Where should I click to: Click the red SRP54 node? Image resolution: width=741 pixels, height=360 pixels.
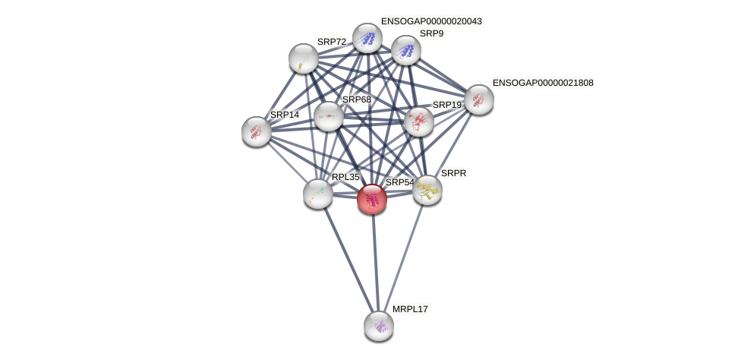click(x=372, y=199)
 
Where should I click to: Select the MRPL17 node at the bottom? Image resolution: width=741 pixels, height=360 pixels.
click(x=379, y=326)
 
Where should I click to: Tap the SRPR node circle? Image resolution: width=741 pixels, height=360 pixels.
click(x=427, y=190)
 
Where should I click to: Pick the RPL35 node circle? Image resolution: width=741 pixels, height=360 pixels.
click(x=318, y=194)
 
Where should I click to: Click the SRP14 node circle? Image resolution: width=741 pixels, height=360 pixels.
click(x=257, y=131)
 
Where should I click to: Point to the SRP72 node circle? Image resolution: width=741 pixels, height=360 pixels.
click(x=304, y=58)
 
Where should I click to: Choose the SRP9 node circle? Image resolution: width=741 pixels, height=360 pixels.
click(x=406, y=50)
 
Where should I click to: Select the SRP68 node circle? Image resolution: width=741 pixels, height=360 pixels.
click(x=329, y=116)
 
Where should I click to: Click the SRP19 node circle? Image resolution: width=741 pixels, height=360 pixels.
click(x=418, y=122)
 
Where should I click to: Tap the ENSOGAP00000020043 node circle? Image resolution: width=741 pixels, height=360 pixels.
click(x=367, y=38)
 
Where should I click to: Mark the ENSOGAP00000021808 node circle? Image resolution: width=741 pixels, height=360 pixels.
click(x=479, y=99)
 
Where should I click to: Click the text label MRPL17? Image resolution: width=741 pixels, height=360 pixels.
click(x=410, y=309)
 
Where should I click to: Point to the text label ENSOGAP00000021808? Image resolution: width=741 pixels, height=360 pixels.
click(x=543, y=83)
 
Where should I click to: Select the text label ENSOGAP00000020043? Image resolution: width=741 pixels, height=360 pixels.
click(x=431, y=21)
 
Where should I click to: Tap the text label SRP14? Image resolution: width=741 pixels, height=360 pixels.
click(x=285, y=115)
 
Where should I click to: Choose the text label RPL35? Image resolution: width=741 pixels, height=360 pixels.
click(x=345, y=177)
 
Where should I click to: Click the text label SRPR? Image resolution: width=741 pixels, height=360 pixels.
click(x=453, y=173)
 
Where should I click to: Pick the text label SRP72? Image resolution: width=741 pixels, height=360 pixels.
click(x=331, y=42)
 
